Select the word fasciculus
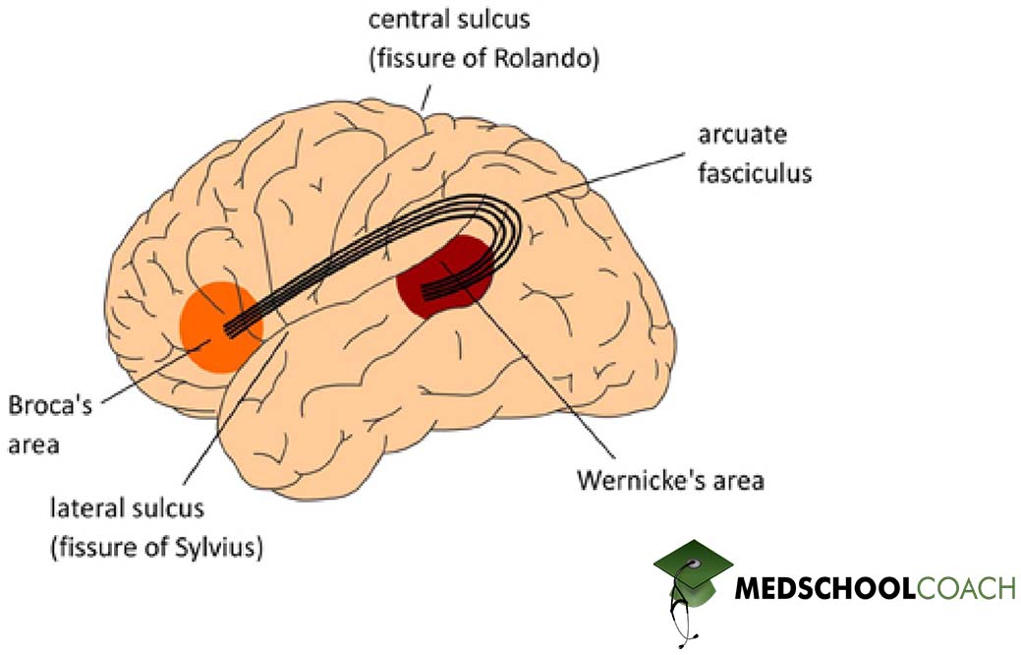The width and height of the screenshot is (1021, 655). point(756,173)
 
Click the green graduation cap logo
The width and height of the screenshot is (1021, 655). point(694,575)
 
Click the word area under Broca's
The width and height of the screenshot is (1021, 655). point(33,445)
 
